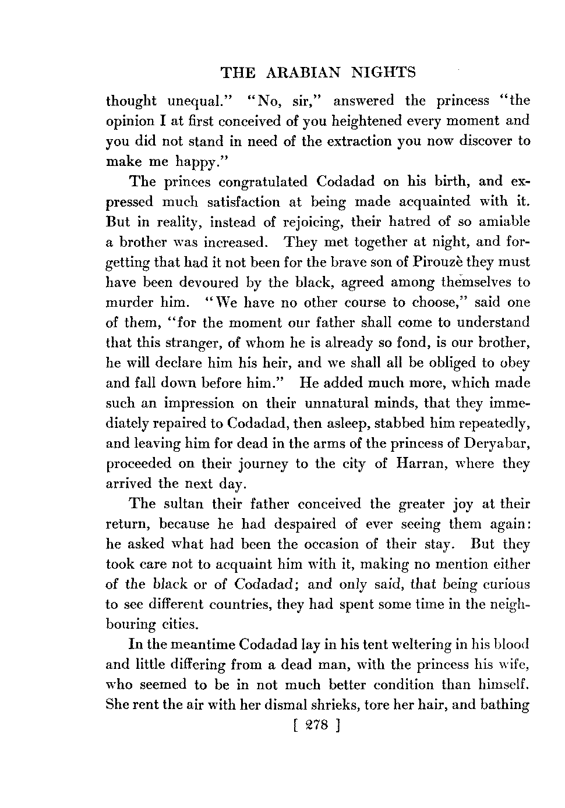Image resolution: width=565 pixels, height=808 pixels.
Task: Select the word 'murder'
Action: point(129,303)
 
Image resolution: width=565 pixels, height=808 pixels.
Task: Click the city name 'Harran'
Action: point(418,464)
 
